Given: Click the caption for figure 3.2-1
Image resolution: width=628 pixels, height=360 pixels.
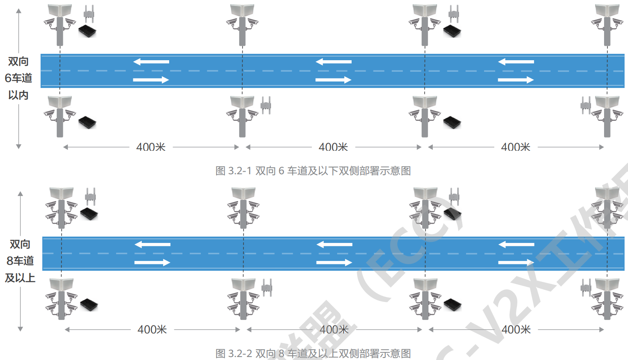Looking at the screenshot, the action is click(313, 171).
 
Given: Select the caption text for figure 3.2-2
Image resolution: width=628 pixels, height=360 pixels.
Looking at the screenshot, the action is click(313, 354).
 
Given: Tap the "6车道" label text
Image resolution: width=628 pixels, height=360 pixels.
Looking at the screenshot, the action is click(18, 78).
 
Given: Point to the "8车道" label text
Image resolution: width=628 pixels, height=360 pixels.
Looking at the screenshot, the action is click(20, 261).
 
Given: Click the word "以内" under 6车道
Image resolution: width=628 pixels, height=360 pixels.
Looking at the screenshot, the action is click(18, 95).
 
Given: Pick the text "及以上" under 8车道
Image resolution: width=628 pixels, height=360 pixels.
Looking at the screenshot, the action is click(20, 278).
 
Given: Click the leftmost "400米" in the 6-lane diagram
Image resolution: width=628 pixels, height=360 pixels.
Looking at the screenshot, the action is click(151, 147).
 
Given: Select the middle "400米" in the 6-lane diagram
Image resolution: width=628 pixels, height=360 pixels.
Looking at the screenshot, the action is click(333, 147).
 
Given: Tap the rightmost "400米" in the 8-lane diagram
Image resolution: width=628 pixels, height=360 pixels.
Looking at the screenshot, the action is click(516, 330).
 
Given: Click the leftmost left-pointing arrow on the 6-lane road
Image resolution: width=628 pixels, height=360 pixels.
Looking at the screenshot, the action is click(151, 62).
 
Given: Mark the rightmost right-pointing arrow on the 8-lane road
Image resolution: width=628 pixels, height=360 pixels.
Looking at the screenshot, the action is click(516, 262).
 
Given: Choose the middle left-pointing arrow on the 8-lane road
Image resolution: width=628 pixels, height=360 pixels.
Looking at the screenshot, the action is click(335, 244).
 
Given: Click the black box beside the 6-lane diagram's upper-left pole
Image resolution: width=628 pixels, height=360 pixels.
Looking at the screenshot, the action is click(87, 31).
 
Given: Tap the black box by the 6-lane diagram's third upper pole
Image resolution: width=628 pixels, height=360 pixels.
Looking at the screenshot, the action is click(452, 31).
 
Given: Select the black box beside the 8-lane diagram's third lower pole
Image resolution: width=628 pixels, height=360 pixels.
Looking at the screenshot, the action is click(452, 304).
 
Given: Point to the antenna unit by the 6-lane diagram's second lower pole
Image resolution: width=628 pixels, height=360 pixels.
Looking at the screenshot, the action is click(266, 105).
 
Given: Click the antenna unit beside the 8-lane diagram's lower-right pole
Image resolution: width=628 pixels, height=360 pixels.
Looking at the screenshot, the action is click(586, 287).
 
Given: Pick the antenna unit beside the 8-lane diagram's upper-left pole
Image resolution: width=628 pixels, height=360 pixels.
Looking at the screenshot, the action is click(90, 196).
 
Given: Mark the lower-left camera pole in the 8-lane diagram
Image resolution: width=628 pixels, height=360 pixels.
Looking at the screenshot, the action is click(62, 299).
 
